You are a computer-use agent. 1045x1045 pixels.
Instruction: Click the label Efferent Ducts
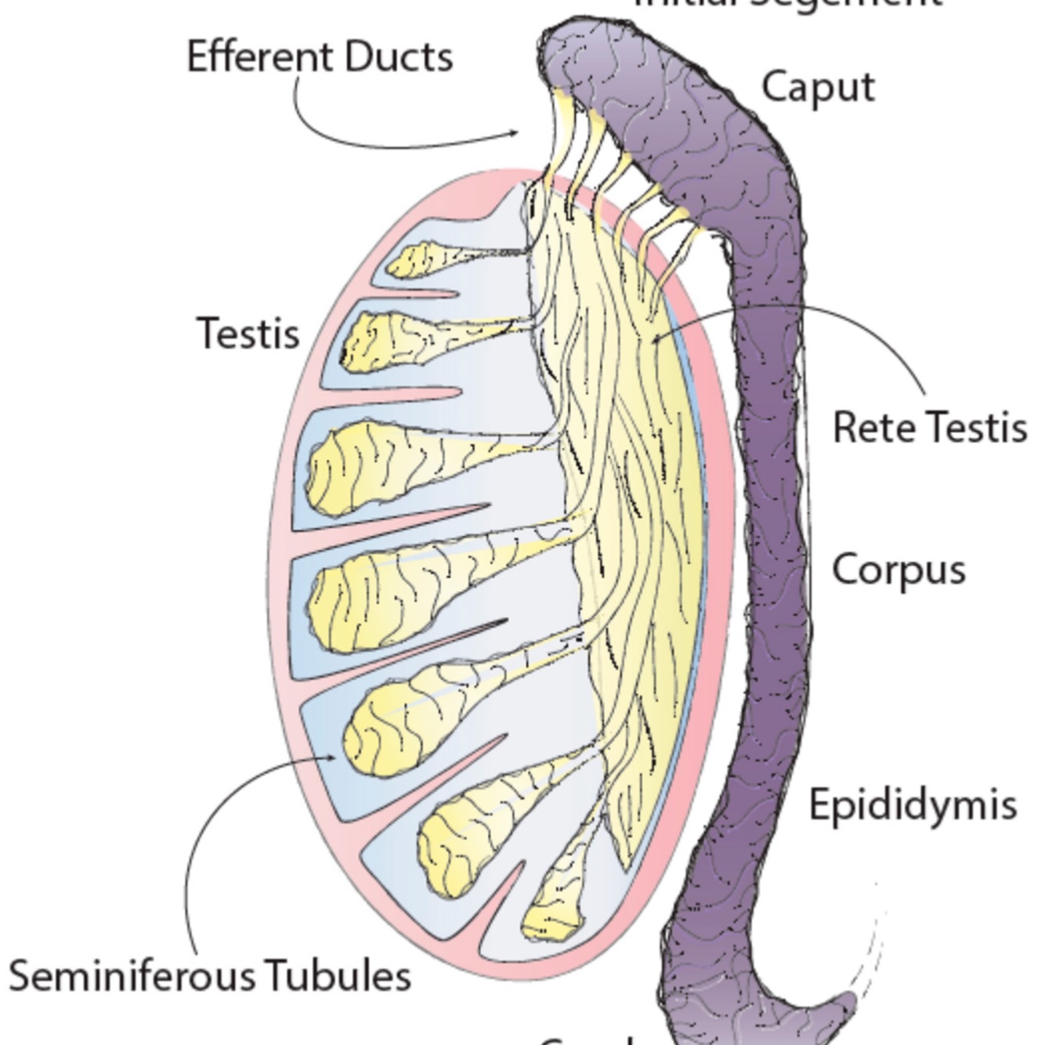coord(320,57)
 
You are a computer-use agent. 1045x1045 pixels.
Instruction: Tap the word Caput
coord(818,88)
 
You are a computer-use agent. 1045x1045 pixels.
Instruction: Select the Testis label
coord(248,334)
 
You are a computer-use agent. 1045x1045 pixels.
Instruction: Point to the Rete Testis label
coord(930,428)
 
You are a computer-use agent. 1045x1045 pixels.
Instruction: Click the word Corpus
coord(899,570)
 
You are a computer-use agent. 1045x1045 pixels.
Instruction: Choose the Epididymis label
coord(913,805)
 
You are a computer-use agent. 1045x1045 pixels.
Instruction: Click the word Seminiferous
coord(132,977)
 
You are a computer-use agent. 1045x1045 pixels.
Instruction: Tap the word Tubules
coord(337,976)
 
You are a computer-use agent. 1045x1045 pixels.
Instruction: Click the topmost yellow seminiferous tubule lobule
coord(419,259)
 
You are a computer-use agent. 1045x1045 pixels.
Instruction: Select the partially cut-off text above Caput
coord(787,4)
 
